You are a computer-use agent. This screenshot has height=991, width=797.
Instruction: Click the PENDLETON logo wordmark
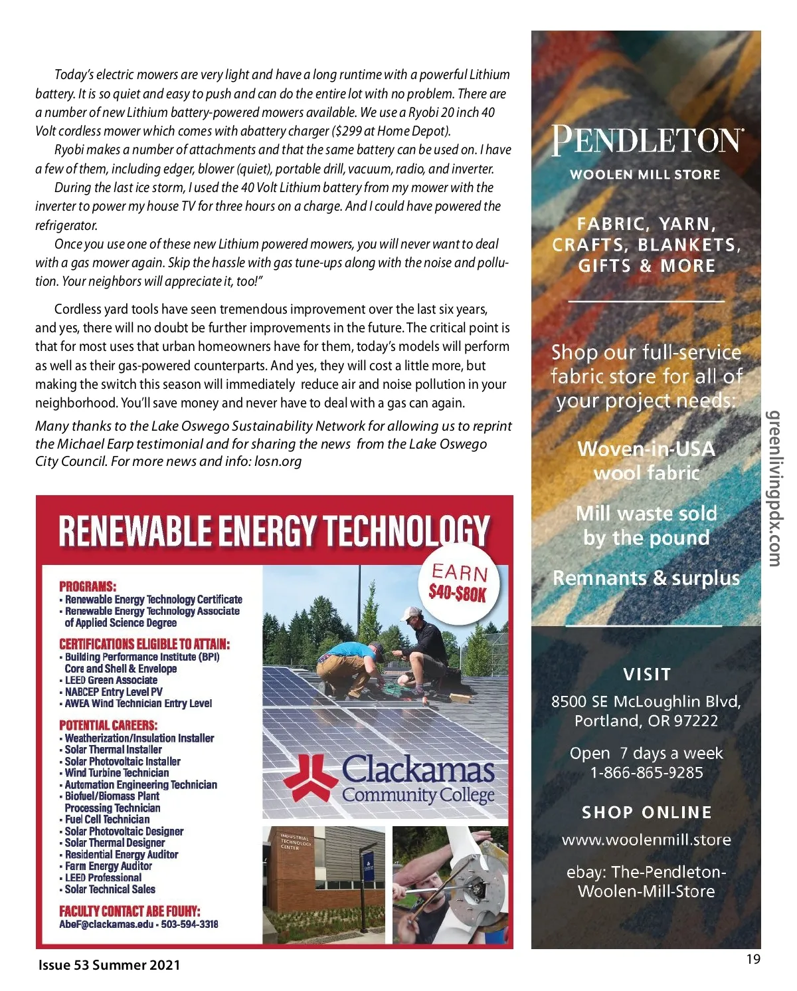tap(646, 140)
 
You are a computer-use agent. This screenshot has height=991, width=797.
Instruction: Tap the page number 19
tap(753, 959)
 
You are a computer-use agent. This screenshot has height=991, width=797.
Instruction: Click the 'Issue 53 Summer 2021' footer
tap(109, 965)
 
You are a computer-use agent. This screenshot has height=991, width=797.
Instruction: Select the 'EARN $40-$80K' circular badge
tap(458, 583)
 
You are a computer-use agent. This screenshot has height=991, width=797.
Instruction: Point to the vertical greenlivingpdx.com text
tap(774, 489)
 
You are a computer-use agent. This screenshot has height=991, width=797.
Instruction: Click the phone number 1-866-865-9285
tap(646, 773)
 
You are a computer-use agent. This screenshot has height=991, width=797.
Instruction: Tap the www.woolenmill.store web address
tap(646, 840)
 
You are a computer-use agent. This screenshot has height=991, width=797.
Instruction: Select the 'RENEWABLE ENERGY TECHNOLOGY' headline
tap(274, 531)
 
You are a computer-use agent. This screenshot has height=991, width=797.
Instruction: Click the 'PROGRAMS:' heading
tap(88, 586)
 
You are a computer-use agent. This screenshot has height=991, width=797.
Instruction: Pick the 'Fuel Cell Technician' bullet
tap(107, 820)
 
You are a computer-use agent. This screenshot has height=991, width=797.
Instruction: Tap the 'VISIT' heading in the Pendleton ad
tap(647, 675)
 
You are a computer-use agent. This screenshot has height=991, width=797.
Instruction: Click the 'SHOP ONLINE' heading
tap(646, 812)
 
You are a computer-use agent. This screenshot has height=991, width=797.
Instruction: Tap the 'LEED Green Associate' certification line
tap(111, 680)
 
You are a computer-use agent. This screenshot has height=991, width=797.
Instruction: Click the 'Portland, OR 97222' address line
tap(646, 721)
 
